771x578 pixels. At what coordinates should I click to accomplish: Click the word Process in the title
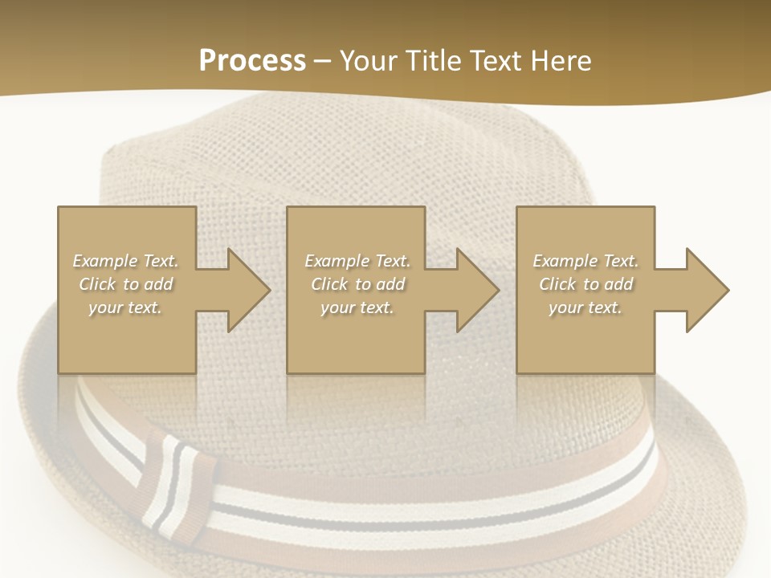coord(252,60)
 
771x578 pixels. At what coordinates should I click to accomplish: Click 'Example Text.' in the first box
coord(125,261)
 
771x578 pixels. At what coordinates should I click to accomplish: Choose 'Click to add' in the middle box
coord(357,284)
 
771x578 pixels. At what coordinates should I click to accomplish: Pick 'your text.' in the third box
coord(585,307)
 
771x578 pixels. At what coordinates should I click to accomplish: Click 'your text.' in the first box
coord(125,307)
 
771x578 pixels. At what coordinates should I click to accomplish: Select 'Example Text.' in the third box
coord(585,261)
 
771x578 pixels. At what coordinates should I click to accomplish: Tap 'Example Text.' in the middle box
coord(357,261)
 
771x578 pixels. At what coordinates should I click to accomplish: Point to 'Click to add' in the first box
coord(125,284)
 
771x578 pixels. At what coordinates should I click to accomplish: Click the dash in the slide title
coord(322,62)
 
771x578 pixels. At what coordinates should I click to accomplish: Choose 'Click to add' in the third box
coord(585,284)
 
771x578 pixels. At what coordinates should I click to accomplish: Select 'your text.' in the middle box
coord(357,307)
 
